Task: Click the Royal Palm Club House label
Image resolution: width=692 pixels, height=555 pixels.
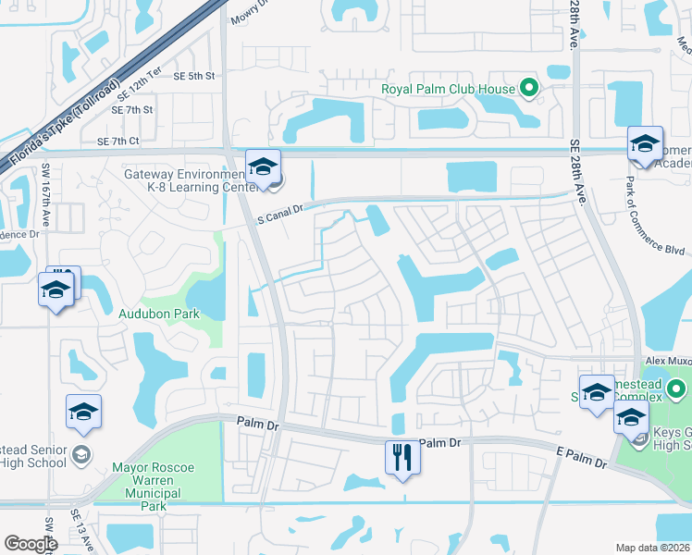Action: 448,90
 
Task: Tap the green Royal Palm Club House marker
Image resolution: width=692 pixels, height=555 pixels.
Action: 529,90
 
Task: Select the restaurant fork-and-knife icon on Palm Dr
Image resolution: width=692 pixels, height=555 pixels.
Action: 402,458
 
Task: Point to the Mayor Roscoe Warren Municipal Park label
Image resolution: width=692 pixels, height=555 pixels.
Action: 154,487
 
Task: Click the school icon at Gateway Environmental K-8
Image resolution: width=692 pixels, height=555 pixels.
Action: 264,167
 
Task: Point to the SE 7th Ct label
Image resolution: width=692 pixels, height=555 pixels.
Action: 117,141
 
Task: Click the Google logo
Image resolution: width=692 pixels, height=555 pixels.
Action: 31,544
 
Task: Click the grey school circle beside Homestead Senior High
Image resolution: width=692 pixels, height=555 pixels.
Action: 81,453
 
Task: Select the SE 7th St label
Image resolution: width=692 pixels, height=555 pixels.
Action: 131,109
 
